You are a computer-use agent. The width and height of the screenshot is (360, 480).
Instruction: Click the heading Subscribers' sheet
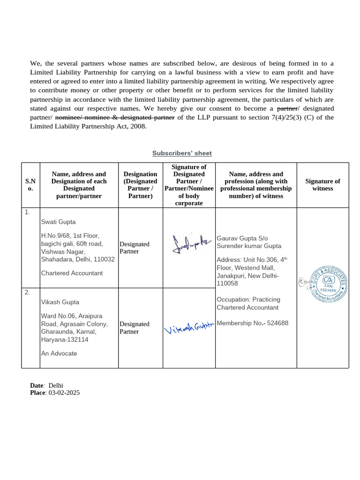coord(182,153)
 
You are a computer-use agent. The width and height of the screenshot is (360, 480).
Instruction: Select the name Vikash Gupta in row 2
coord(60,302)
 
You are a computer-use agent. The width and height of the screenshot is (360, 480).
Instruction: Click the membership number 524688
coord(277,323)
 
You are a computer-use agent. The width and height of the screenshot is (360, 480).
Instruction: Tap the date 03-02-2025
coord(64,393)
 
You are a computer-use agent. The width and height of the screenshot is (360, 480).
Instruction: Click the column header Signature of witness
coord(322,185)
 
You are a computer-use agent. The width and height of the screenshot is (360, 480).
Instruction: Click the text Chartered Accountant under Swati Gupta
coord(72,273)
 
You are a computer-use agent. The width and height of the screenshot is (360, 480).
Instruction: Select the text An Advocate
coord(59,353)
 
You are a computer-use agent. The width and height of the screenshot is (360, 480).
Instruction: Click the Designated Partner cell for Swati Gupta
coord(135,248)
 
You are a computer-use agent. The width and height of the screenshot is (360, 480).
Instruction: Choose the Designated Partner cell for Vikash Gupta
coord(135,328)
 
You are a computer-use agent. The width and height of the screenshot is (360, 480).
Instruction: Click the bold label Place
coord(37,393)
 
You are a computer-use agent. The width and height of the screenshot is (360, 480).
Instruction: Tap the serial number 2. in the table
coord(28,292)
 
